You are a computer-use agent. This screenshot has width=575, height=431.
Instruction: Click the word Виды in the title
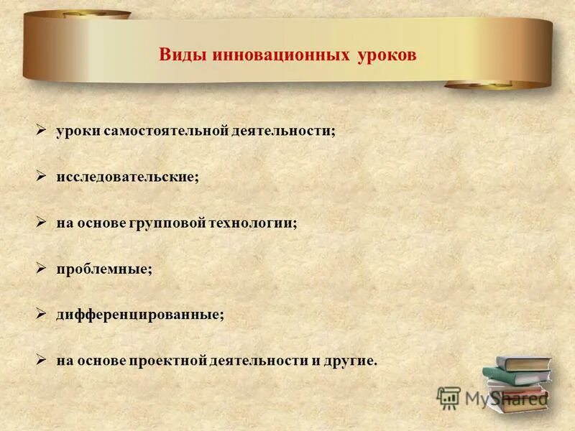(183, 55)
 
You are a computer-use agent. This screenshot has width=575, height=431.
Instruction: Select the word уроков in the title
(386, 55)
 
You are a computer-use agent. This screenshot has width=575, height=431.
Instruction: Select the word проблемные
(104, 269)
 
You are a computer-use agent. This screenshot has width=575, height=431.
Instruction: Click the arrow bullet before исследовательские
(42, 176)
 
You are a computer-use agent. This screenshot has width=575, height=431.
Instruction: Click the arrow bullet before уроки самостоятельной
(42, 130)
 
